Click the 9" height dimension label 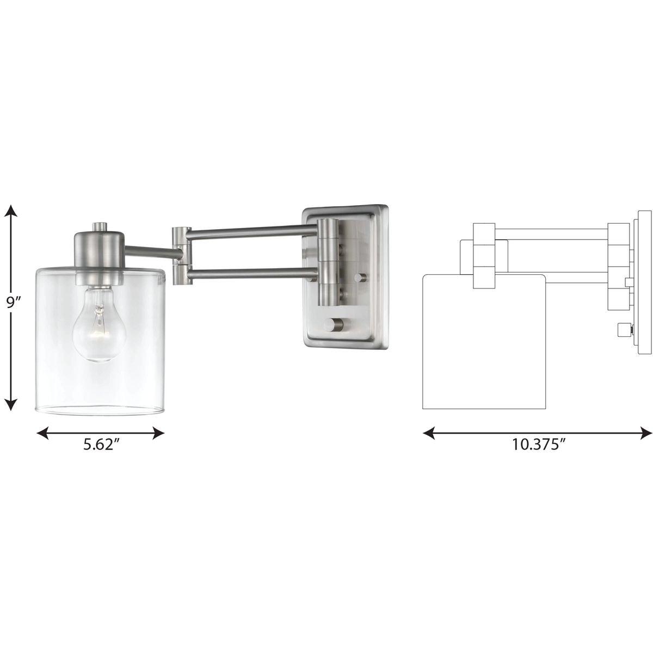click(12, 303)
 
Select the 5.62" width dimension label click(101, 445)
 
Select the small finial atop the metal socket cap click(99, 226)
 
